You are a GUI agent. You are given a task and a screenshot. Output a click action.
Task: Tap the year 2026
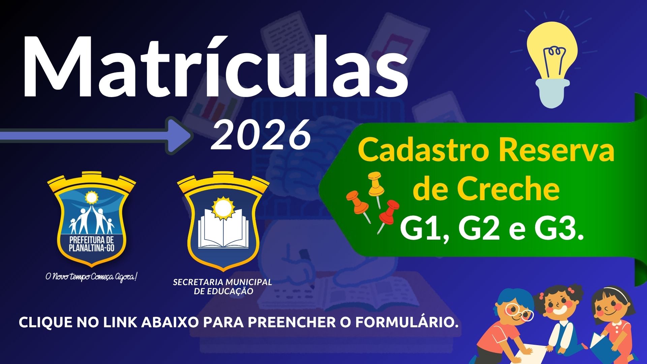(260, 135)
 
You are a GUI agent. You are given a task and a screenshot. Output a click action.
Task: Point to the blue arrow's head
(179, 135)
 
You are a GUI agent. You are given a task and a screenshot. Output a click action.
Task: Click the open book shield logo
(223, 221)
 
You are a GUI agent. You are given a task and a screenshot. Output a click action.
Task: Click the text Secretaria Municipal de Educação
(223, 286)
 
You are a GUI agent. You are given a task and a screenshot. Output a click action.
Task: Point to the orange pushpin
(359, 206)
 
